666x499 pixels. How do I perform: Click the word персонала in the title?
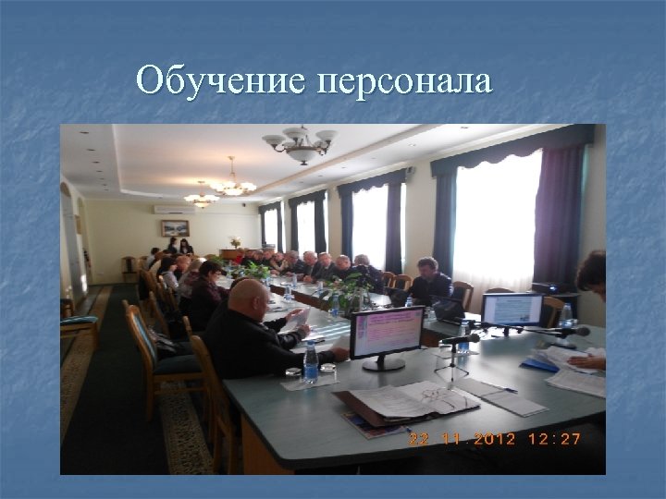click(x=403, y=82)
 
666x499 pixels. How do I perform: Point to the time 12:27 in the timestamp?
click(x=553, y=439)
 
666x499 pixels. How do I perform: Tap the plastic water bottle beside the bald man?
click(x=311, y=363)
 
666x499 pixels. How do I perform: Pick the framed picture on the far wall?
click(x=175, y=228)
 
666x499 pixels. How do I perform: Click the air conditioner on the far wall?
click(x=174, y=209)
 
